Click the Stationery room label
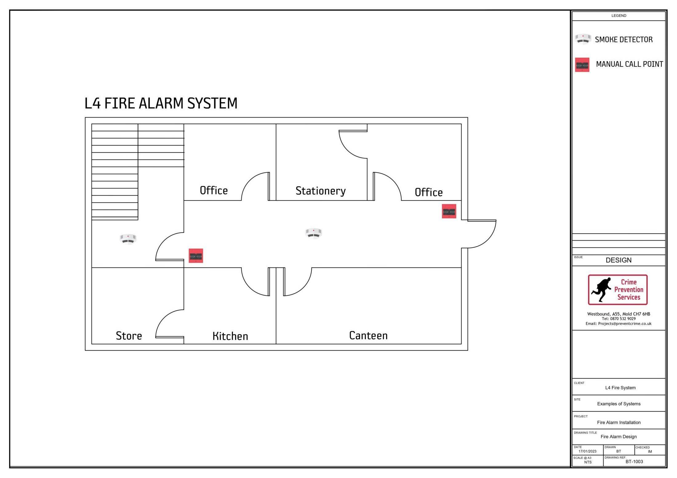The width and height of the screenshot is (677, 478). pyautogui.click(x=320, y=191)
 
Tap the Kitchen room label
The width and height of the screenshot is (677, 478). pyautogui.click(x=230, y=336)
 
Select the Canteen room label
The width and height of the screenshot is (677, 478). pyautogui.click(x=368, y=335)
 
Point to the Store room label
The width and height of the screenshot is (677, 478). pyautogui.click(x=129, y=336)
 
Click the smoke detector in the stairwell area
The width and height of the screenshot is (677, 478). pyautogui.click(x=128, y=239)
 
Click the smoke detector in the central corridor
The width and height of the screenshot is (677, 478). pyautogui.click(x=313, y=233)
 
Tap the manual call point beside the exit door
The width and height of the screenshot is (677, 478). pyautogui.click(x=449, y=211)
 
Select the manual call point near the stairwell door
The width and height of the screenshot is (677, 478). pyautogui.click(x=196, y=256)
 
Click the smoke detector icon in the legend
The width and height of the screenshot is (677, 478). pyautogui.click(x=583, y=39)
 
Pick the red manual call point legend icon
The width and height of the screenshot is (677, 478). pyautogui.click(x=582, y=65)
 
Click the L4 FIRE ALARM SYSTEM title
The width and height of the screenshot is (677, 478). pyautogui.click(x=161, y=103)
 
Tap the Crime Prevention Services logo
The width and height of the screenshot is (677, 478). pyautogui.click(x=617, y=290)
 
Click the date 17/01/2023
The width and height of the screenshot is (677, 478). pyautogui.click(x=587, y=451)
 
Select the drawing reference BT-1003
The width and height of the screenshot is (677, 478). pyautogui.click(x=634, y=461)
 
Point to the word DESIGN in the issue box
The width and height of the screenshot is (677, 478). pyautogui.click(x=618, y=260)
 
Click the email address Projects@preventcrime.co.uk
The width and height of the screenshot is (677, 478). pyautogui.click(x=624, y=323)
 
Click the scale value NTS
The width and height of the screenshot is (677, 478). pyautogui.click(x=587, y=462)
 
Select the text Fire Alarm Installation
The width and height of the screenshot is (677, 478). pyautogui.click(x=619, y=422)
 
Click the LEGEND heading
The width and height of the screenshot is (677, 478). pyautogui.click(x=619, y=16)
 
